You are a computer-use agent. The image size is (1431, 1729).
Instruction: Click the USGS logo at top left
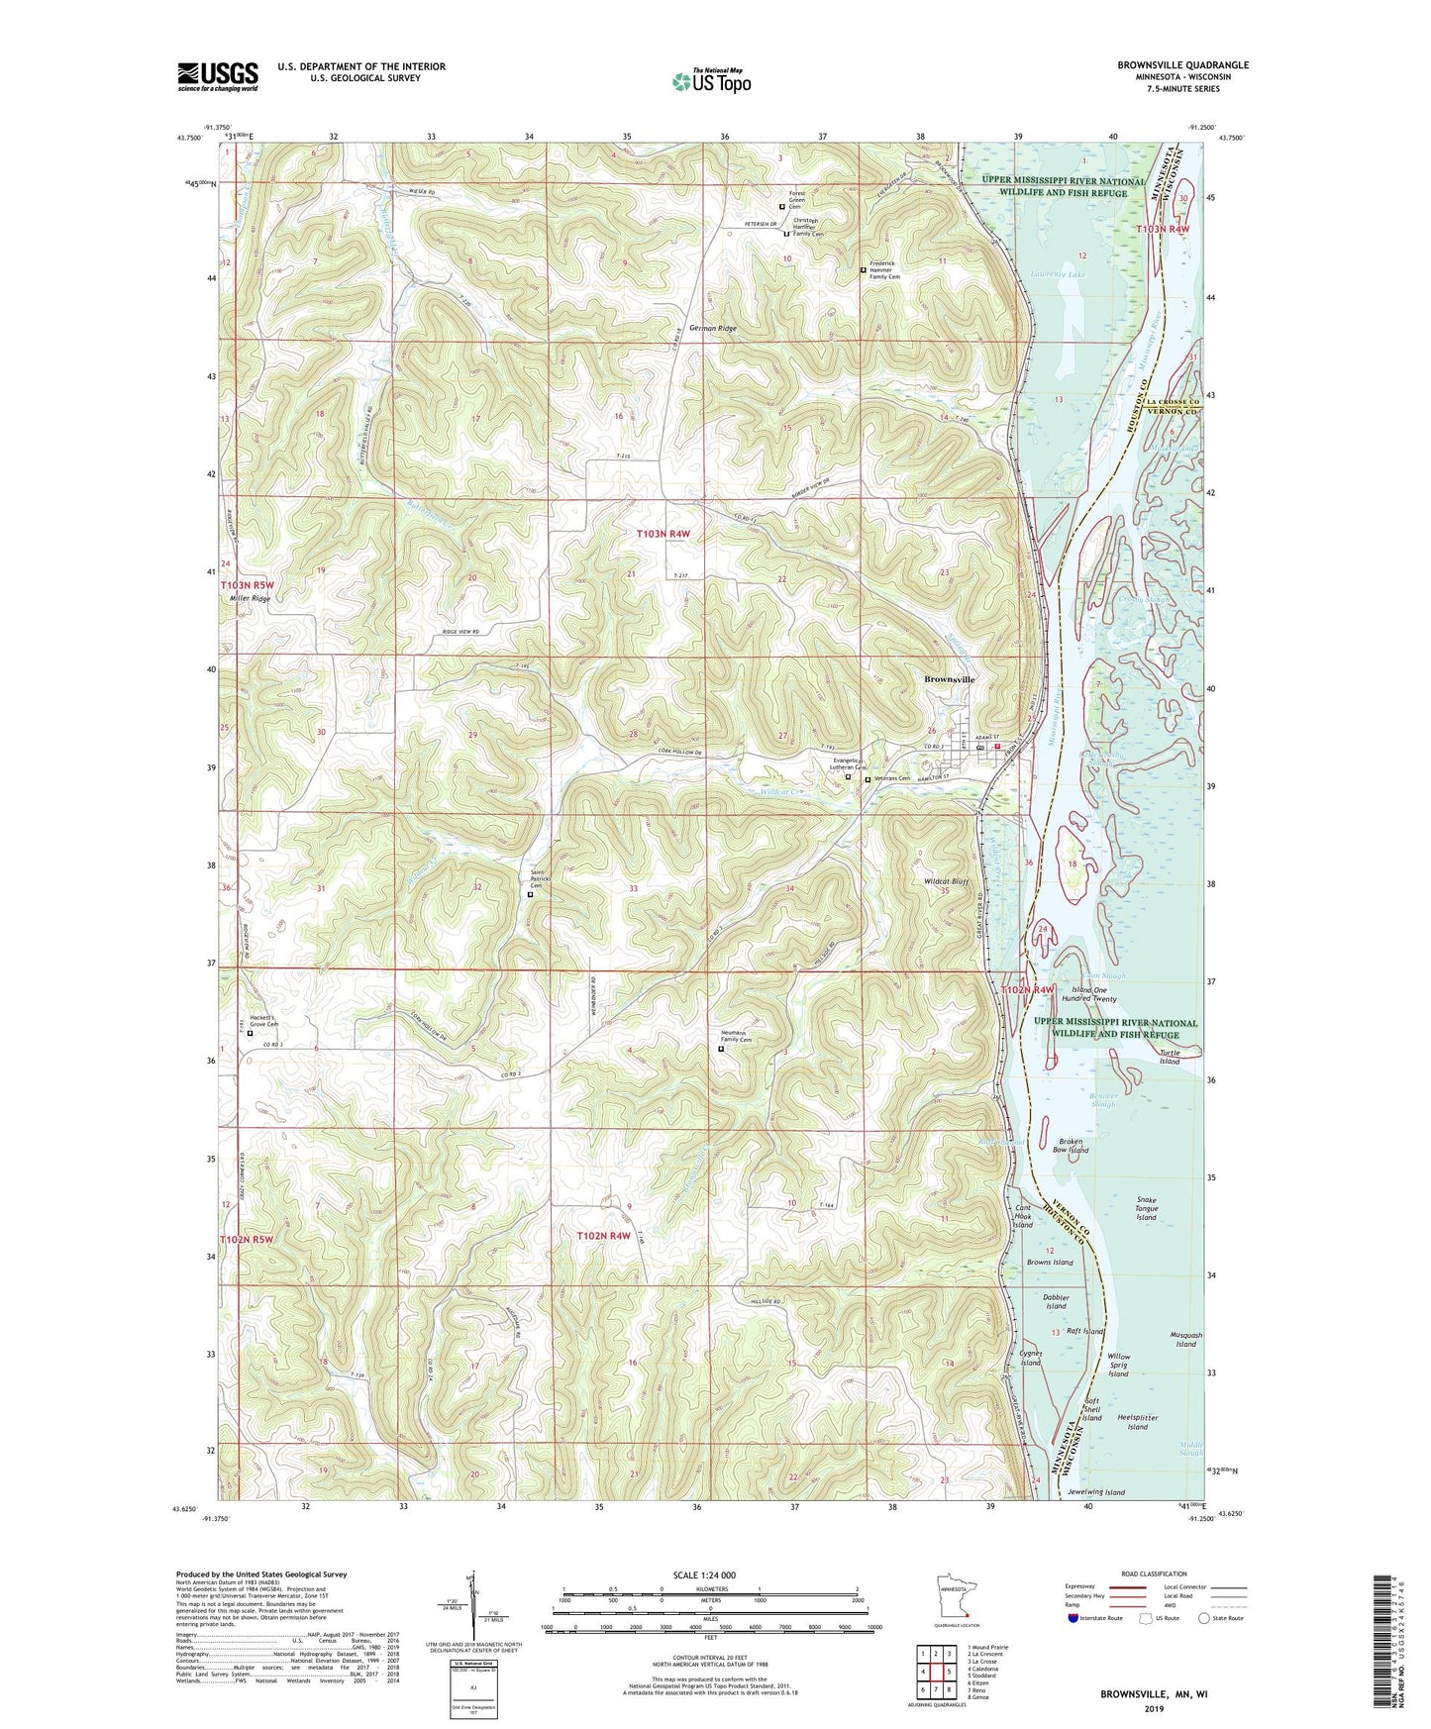click(x=218, y=75)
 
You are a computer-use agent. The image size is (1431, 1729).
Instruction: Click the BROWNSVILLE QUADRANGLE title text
click(x=1182, y=65)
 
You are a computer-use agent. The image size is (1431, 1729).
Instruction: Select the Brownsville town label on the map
click(x=949, y=679)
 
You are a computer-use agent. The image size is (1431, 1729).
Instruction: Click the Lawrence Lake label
click(x=1058, y=274)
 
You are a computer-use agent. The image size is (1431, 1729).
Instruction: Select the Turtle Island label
click(x=1170, y=1057)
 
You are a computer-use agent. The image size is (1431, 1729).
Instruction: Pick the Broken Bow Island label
click(x=1073, y=1145)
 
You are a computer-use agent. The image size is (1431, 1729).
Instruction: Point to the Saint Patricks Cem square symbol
click(x=530, y=894)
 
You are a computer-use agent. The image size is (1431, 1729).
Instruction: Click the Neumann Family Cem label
click(x=738, y=1036)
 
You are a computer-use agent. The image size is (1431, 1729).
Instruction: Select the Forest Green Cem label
click(x=801, y=198)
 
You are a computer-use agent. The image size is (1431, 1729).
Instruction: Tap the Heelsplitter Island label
click(x=1137, y=1422)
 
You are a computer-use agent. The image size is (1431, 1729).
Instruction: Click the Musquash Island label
click(x=1185, y=1340)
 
